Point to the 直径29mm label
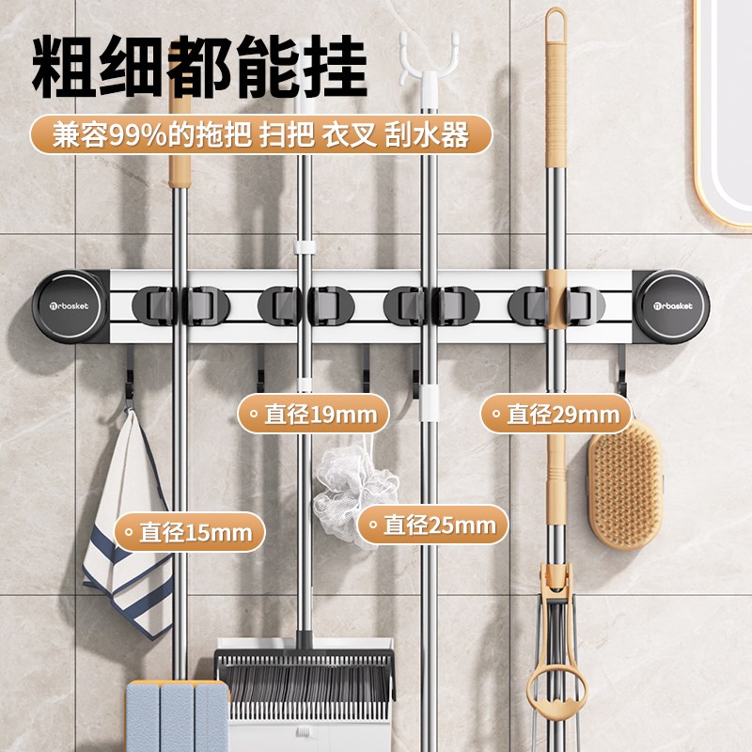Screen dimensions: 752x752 [556, 414]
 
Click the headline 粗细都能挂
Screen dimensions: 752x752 [198, 69]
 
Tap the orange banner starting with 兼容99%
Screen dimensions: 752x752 [259, 135]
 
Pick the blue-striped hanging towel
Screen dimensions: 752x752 [127, 526]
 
